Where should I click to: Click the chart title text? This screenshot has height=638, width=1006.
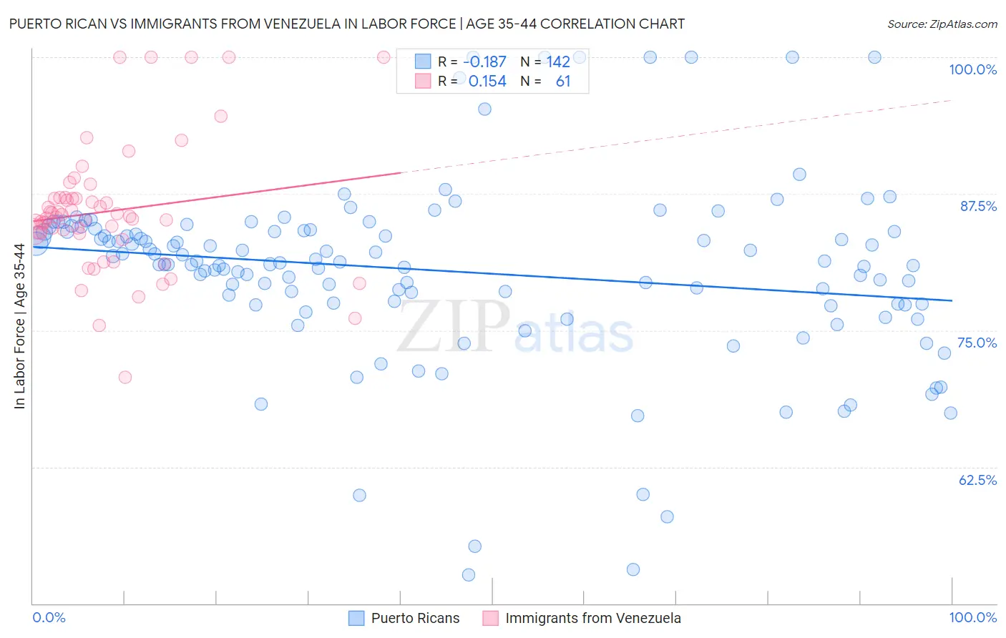(346, 24)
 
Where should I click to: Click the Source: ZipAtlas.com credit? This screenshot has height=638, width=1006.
(942, 24)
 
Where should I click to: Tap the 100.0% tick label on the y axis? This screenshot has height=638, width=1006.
(972, 69)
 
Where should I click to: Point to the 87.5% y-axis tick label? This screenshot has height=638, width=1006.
(977, 206)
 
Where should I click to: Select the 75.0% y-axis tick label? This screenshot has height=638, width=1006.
(977, 343)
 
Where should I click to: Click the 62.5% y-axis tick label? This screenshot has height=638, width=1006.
(977, 480)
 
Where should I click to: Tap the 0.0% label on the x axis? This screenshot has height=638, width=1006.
(49, 617)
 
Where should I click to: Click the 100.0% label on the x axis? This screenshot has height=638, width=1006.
(972, 617)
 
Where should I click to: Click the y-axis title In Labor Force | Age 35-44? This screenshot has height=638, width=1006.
(19, 326)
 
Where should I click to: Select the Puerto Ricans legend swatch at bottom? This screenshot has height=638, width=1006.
(356, 618)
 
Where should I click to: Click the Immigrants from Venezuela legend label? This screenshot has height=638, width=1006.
(592, 618)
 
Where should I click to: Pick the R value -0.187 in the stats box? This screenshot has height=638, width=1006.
(484, 62)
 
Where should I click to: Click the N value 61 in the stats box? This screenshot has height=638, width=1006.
(563, 82)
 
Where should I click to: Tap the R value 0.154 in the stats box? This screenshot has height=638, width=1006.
(487, 82)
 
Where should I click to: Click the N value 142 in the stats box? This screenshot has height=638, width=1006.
(558, 62)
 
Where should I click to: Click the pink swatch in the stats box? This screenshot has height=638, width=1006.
(423, 82)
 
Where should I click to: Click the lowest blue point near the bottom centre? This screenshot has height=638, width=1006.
(469, 575)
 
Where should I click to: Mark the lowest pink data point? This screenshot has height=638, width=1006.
(125, 377)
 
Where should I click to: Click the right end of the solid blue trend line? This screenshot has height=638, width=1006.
(952, 300)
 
